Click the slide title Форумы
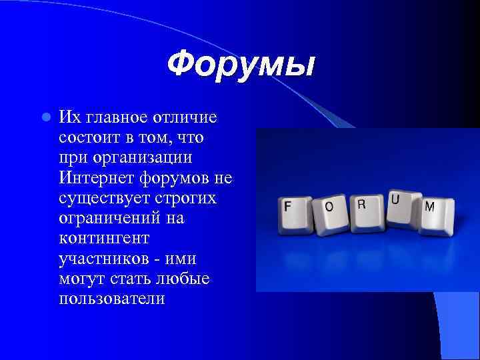[240, 65]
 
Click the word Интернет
[97, 178]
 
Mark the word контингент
[94, 238]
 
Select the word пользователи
[111, 298]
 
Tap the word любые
[182, 278]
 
